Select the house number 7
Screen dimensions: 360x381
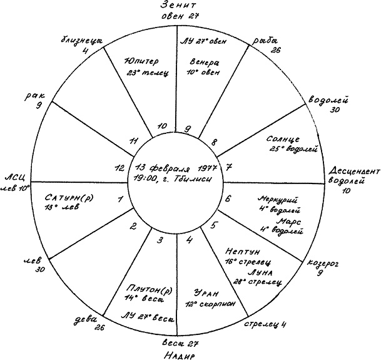click(229, 168)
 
